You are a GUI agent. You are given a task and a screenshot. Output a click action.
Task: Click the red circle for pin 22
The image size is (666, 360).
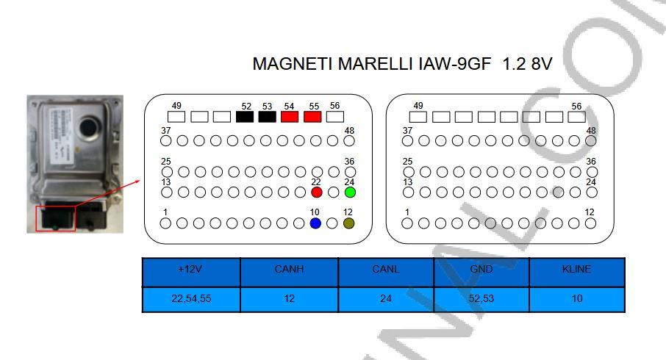(x=316, y=192)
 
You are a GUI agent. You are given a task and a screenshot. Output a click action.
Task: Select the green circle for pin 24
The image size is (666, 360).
(x=350, y=192)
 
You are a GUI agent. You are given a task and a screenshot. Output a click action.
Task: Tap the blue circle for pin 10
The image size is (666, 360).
(x=315, y=223)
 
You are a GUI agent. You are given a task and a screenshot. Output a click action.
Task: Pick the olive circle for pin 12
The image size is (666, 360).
(x=348, y=223)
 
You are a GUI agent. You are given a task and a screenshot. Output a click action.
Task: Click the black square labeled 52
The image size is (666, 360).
(x=245, y=117)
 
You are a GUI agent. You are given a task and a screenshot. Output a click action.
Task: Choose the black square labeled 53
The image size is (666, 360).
(x=267, y=117)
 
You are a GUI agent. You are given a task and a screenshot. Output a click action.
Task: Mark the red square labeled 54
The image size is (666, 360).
(x=290, y=117)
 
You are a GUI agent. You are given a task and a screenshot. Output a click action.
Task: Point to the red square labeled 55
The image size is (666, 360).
(x=312, y=117)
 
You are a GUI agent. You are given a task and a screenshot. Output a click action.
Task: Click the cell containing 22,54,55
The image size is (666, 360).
(x=191, y=299)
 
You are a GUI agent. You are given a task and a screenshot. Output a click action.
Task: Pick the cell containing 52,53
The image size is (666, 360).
(x=481, y=299)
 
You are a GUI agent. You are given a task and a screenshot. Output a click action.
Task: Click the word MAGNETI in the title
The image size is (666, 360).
(x=293, y=64)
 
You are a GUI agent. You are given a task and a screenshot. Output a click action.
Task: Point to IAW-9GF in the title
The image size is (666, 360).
(x=454, y=64)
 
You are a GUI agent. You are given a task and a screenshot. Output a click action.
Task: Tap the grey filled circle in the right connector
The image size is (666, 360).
(x=558, y=192)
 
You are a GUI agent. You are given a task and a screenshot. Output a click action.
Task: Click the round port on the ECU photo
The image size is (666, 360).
(x=90, y=126)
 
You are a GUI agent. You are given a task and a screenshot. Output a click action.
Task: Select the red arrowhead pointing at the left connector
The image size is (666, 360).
(x=137, y=181)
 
